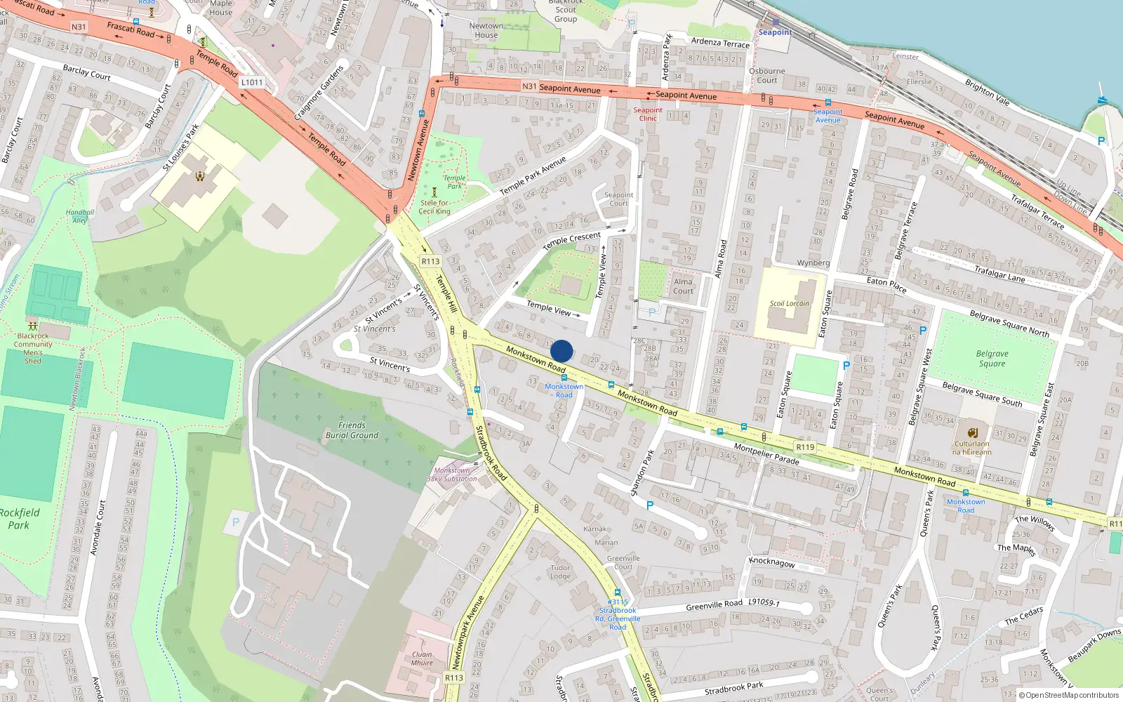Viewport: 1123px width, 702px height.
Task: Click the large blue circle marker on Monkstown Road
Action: (561, 351)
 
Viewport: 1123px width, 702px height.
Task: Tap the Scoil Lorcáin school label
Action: (789, 304)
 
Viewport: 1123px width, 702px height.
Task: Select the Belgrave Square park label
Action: (992, 359)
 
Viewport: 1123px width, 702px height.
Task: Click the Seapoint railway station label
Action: (775, 32)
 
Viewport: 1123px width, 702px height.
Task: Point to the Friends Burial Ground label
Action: (352, 430)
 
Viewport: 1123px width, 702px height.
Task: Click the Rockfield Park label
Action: (20, 519)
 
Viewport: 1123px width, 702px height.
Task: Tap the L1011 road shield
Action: (252, 82)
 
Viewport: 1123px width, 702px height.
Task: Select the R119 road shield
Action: (805, 447)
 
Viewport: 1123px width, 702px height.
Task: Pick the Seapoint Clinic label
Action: (647, 114)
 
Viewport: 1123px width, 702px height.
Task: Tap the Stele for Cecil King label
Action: (434, 207)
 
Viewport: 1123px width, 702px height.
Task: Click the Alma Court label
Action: (682, 286)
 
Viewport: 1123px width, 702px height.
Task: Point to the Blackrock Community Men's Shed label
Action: (33, 348)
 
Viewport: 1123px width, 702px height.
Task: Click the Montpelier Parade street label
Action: (766, 453)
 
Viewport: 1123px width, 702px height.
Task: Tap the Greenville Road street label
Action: (714, 605)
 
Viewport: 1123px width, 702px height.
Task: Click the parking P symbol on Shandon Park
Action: (650, 505)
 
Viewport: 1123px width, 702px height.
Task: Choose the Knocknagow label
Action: (772, 562)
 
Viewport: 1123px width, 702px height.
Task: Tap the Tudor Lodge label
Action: (560, 572)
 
